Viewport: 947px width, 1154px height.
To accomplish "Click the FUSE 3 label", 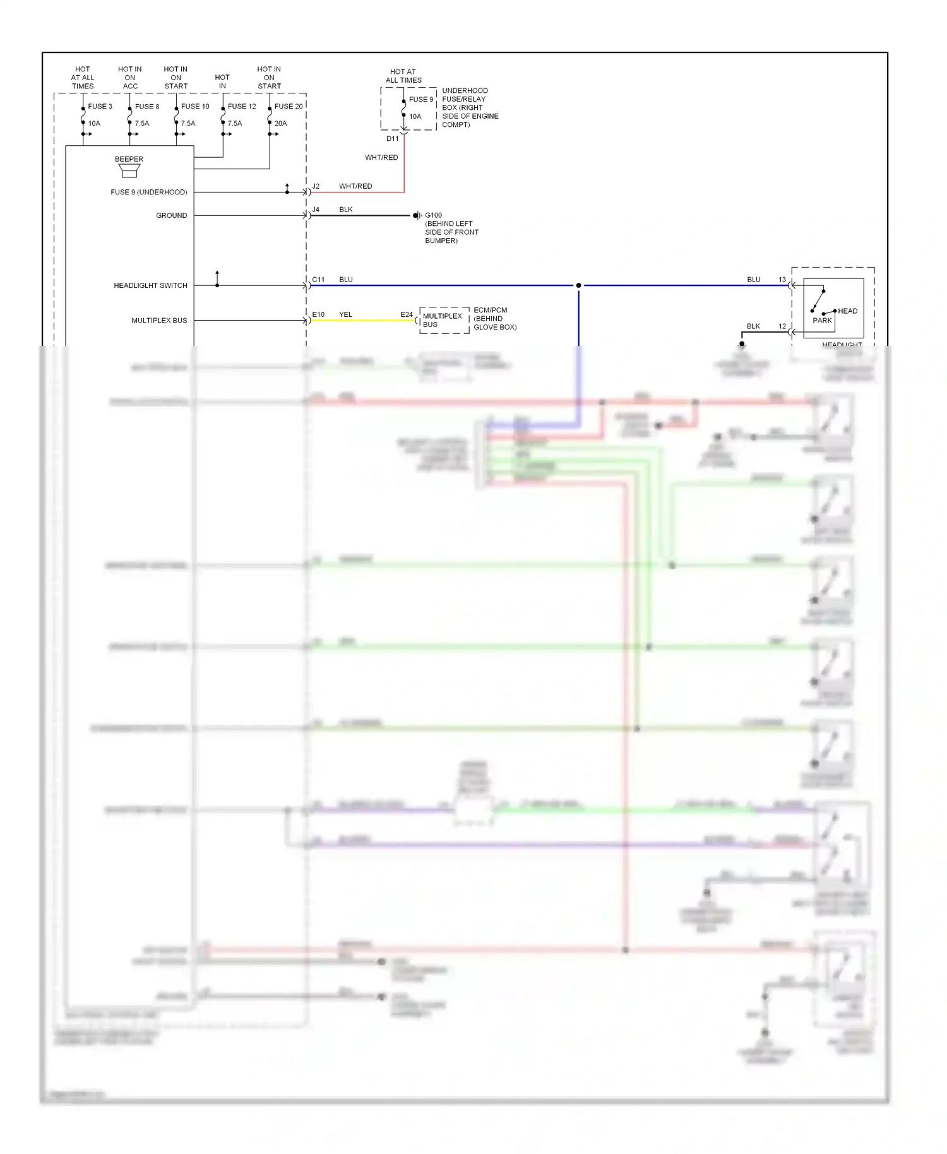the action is click(x=100, y=106).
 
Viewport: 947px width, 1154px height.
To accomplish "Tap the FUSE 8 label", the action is click(x=146, y=107).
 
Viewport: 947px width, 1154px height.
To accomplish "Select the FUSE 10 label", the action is click(x=194, y=106).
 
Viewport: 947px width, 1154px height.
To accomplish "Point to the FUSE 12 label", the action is click(x=242, y=106).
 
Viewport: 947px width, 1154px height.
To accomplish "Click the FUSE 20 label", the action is click(x=289, y=106).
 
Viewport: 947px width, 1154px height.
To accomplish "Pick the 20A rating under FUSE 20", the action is click(x=280, y=123).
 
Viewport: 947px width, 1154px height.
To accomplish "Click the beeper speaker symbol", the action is click(x=129, y=170).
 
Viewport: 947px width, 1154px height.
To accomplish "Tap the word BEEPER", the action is click(x=129, y=159).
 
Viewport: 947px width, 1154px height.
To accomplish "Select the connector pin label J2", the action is click(x=316, y=186).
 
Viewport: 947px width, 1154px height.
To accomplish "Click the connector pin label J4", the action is click(x=316, y=210).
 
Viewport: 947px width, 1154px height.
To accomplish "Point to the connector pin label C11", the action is click(x=318, y=279).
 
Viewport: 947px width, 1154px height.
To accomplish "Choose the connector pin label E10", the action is click(x=318, y=314).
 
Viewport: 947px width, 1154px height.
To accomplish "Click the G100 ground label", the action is click(x=433, y=215).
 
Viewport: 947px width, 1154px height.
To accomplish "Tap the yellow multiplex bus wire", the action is click(x=363, y=321).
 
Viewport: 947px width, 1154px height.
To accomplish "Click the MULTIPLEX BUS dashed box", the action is click(x=444, y=320).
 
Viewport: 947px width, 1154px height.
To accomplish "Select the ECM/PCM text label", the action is click(x=490, y=310).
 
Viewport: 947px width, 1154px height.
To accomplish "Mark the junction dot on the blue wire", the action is click(x=578, y=285).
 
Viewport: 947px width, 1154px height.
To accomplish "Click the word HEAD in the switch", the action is click(x=847, y=311).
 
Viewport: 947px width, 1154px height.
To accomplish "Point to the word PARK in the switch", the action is click(x=822, y=321).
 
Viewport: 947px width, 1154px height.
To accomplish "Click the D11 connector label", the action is click(x=392, y=138).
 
